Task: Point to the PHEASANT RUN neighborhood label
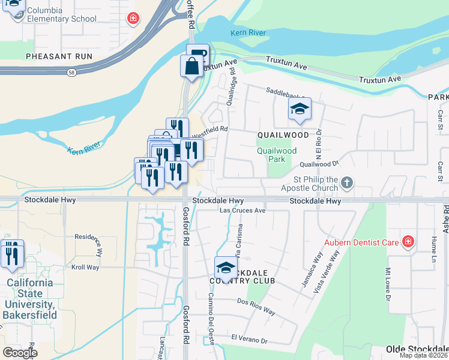(x=59, y=56)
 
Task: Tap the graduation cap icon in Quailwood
(x=299, y=109)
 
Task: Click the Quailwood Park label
(x=277, y=155)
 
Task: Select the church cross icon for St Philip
(x=346, y=182)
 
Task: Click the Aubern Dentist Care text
(x=362, y=242)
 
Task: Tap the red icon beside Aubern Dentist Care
(x=408, y=242)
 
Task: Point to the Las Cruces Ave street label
(x=243, y=211)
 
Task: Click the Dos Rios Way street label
(x=256, y=307)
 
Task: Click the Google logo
(x=20, y=352)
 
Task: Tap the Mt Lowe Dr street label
(x=388, y=285)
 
